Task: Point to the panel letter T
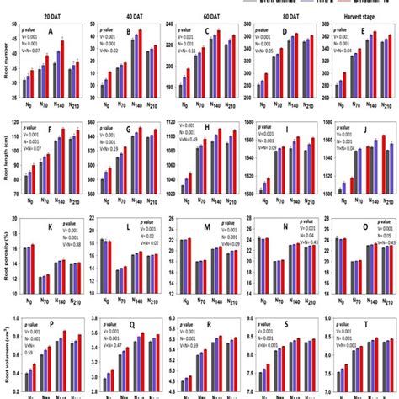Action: (x=367, y=323)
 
